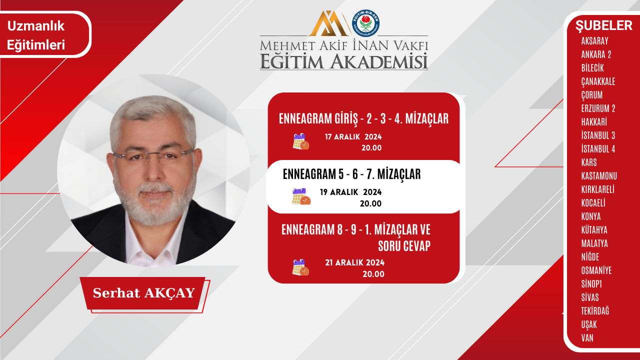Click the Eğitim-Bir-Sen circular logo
point(366,23)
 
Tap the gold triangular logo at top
point(328,23)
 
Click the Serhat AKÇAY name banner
point(143,293)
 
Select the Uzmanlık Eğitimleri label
point(36,35)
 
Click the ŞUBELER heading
point(603,25)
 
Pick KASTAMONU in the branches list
point(599,176)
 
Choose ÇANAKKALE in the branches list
point(598,81)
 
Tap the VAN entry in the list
point(587,338)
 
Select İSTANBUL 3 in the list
point(598,135)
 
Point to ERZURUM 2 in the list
point(598,108)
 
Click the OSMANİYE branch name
point(596,270)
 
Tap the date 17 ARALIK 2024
point(353,136)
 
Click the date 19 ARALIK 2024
point(350,192)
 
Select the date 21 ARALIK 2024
point(354,262)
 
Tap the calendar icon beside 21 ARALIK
point(300,267)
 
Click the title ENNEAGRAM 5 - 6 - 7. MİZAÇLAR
point(351,174)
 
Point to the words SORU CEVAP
point(404,246)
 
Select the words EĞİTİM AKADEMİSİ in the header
point(344,61)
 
